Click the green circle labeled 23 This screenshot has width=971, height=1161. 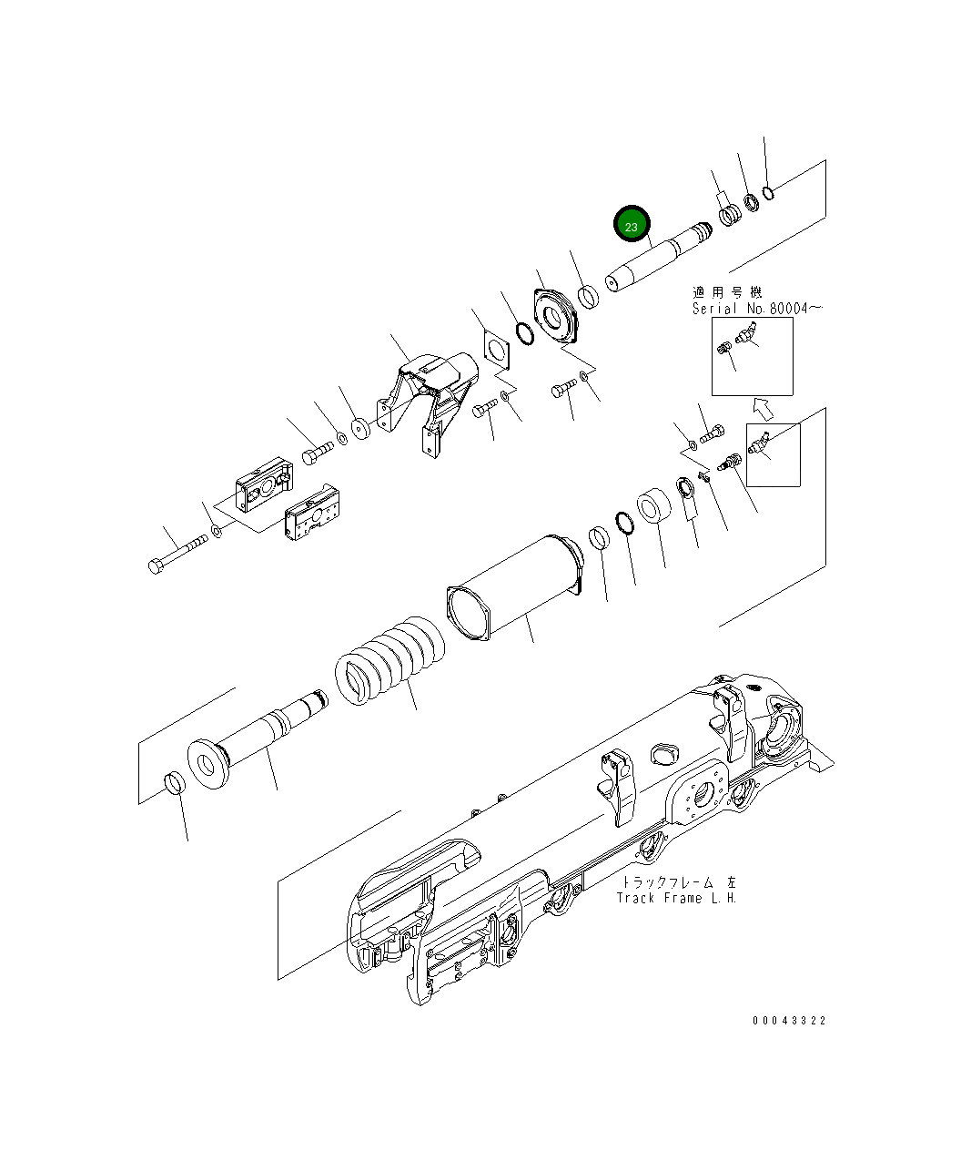pos(632,225)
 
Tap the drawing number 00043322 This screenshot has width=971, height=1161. pos(789,1021)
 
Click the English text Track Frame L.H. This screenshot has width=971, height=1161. pos(676,899)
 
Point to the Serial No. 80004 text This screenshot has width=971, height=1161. pos(756,309)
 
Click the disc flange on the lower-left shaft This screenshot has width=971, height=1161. pos(207,761)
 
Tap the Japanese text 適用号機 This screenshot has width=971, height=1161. pos(727,292)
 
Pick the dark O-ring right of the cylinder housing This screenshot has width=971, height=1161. pos(623,524)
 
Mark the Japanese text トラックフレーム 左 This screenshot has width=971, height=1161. pos(679,882)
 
